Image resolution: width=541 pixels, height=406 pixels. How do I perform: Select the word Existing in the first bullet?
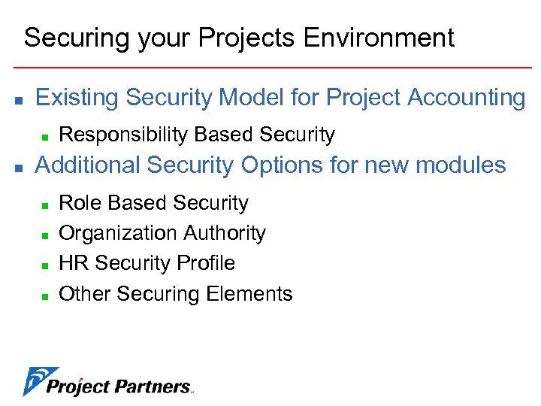pos(78,98)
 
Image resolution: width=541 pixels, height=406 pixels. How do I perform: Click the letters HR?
pos(74,263)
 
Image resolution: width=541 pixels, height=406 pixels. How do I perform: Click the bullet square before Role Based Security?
pos(45,205)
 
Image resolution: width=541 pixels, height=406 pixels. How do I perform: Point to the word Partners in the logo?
pos(153,387)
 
